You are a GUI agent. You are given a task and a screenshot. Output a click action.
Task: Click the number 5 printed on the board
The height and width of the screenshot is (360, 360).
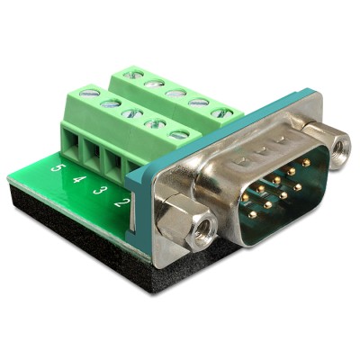coord(58,167)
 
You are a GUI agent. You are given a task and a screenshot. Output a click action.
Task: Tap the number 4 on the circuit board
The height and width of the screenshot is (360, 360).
coord(78,178)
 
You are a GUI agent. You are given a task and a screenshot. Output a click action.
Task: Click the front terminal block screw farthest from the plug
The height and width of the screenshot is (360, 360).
coord(88,92)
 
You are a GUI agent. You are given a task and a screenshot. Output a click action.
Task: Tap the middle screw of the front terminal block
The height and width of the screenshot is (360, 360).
coord(133,114)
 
